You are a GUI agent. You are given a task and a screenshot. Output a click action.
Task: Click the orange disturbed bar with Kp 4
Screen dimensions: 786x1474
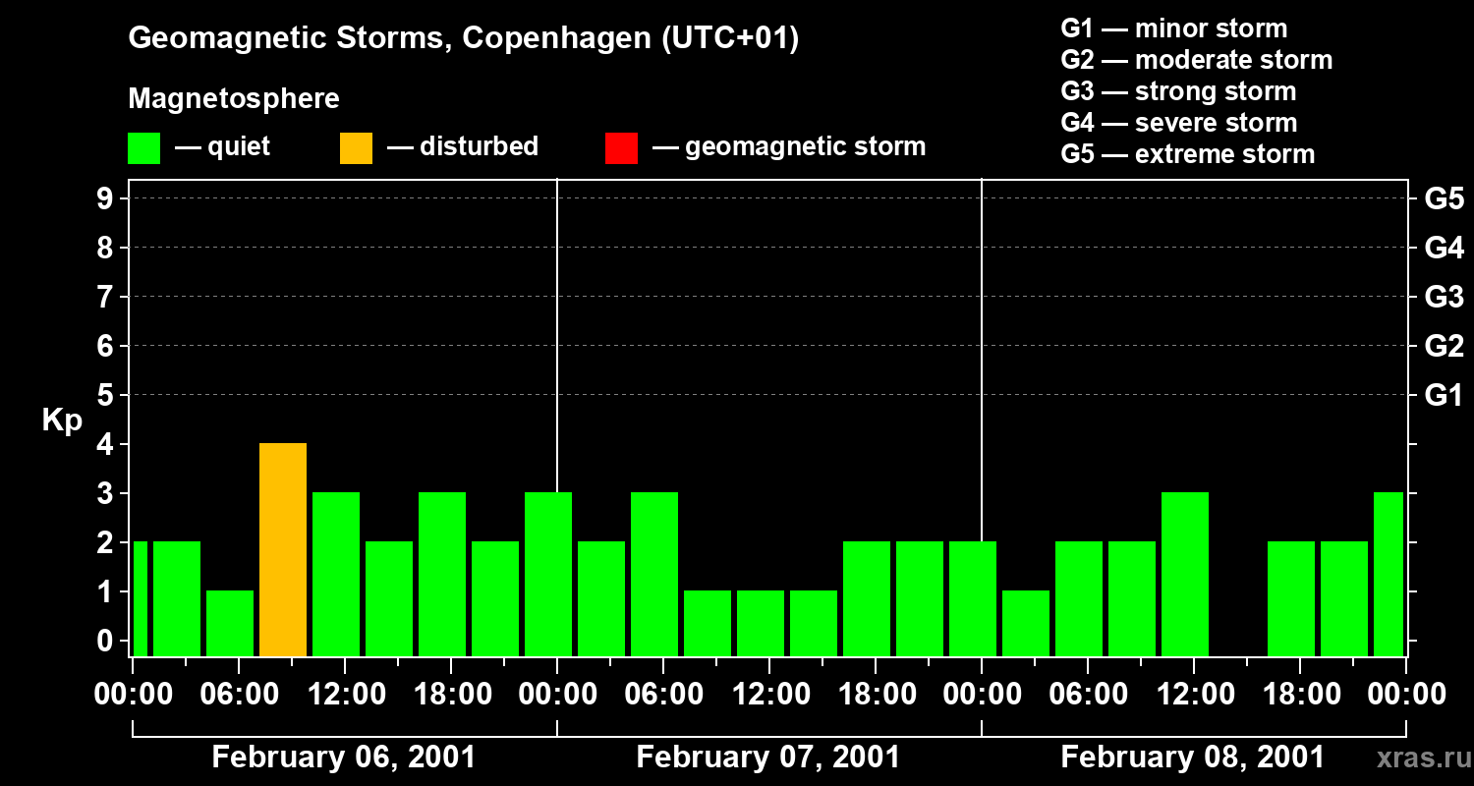pos(283,549)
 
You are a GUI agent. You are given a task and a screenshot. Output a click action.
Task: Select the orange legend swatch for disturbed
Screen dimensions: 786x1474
pos(356,147)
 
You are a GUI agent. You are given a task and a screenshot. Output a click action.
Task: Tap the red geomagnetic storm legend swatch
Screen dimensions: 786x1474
pos(621,147)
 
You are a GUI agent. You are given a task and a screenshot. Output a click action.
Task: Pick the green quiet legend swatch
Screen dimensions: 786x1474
pos(143,147)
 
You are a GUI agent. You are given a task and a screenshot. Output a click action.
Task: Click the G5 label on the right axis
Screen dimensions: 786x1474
pos(1444,199)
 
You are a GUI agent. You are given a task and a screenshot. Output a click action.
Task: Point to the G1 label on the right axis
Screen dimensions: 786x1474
pos(1444,396)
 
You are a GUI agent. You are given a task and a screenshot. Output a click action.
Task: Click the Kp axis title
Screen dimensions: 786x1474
pos(62,421)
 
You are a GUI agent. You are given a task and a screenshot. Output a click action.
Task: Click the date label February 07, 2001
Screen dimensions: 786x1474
pos(768,758)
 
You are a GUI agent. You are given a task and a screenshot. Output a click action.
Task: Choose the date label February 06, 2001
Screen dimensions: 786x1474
pos(344,758)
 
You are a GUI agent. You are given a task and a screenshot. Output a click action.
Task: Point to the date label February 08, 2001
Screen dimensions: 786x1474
pos(1193,758)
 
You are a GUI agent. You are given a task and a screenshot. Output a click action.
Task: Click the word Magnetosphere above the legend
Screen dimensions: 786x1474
pos(234,99)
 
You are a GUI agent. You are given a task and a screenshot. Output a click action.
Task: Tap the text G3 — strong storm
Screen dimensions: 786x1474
pos(1178,91)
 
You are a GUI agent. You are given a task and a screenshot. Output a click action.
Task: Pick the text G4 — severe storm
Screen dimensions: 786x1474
pos(1179,123)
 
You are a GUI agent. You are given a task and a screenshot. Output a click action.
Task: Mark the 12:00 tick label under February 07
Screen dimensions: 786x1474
pos(769,695)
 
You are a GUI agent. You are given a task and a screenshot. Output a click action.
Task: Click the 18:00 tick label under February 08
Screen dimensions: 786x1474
pos(1300,695)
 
